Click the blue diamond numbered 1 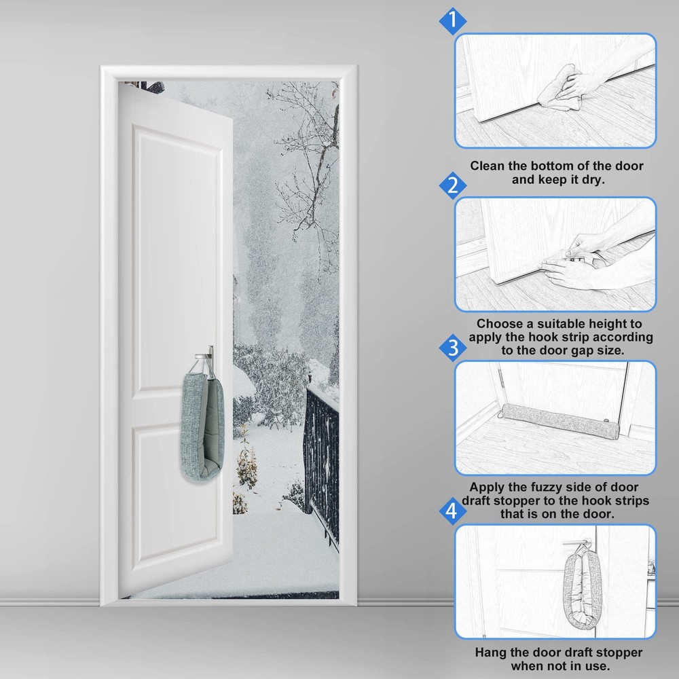(452, 20)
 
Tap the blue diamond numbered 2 (452, 185)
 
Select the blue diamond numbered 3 (452, 349)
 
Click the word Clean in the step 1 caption (488, 166)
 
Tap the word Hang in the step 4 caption (490, 652)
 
